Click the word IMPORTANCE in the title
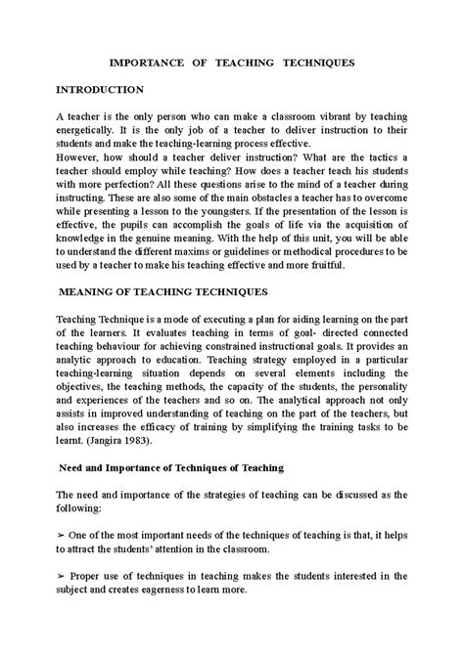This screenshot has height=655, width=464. coord(151,62)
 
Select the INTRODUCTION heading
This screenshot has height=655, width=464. coord(100,89)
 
